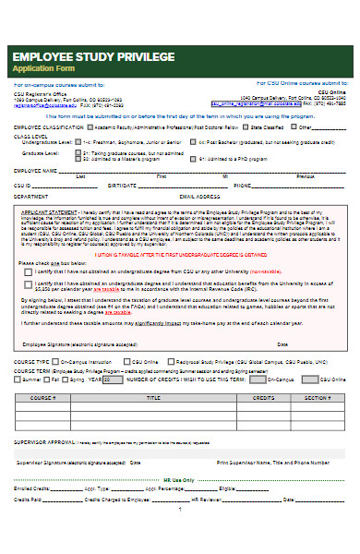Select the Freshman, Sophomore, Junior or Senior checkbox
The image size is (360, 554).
[79, 142]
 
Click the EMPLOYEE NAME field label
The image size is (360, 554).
[35, 170]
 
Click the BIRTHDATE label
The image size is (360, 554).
[123, 185]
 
